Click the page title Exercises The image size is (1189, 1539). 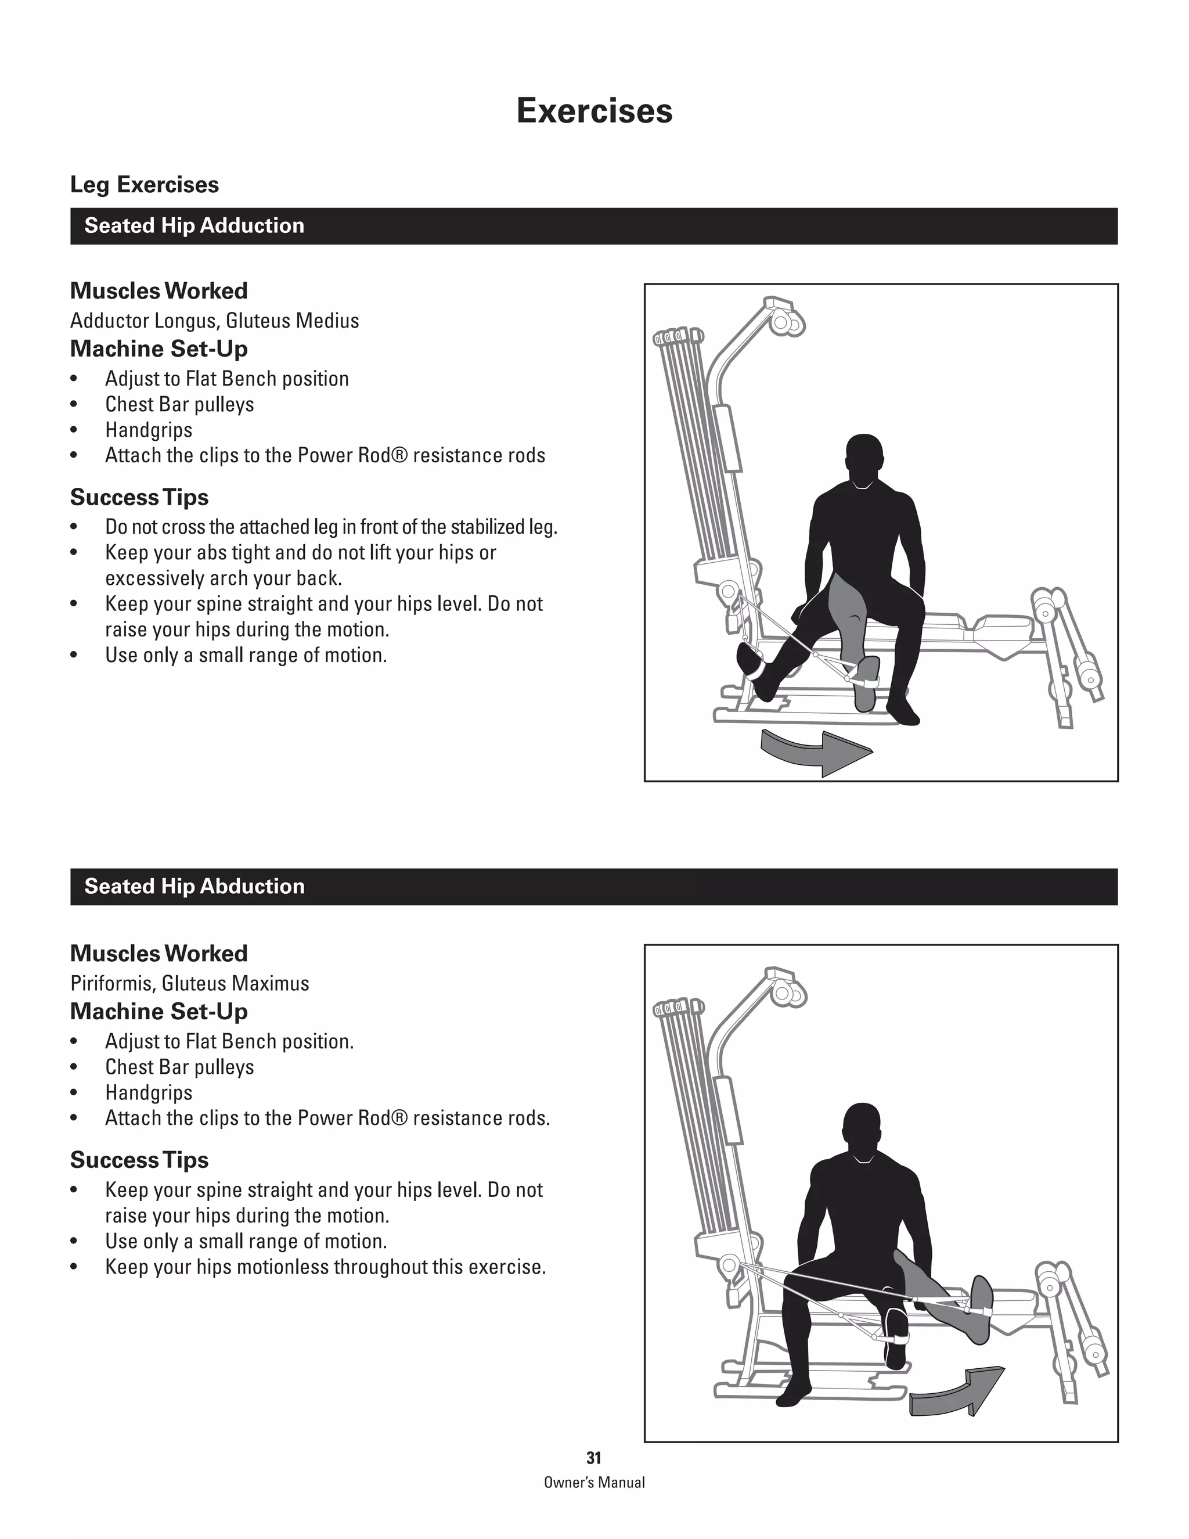pyautogui.click(x=594, y=110)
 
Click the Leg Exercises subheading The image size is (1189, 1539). pyautogui.click(x=145, y=185)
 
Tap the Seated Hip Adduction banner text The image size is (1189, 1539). pyautogui.click(x=194, y=225)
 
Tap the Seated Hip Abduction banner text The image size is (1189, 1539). pyautogui.click(x=194, y=886)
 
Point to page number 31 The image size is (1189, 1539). pyautogui.click(x=594, y=1458)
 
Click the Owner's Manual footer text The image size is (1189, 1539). pyautogui.click(x=594, y=1483)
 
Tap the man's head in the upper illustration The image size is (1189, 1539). pyautogui.click(x=864, y=459)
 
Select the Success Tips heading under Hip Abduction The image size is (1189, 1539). pyautogui.click(x=139, y=1160)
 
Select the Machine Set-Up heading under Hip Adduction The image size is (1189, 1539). pyautogui.click(x=158, y=349)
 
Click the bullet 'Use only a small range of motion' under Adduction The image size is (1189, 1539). pyautogui.click(x=246, y=655)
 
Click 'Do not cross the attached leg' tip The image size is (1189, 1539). pyautogui.click(x=331, y=527)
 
